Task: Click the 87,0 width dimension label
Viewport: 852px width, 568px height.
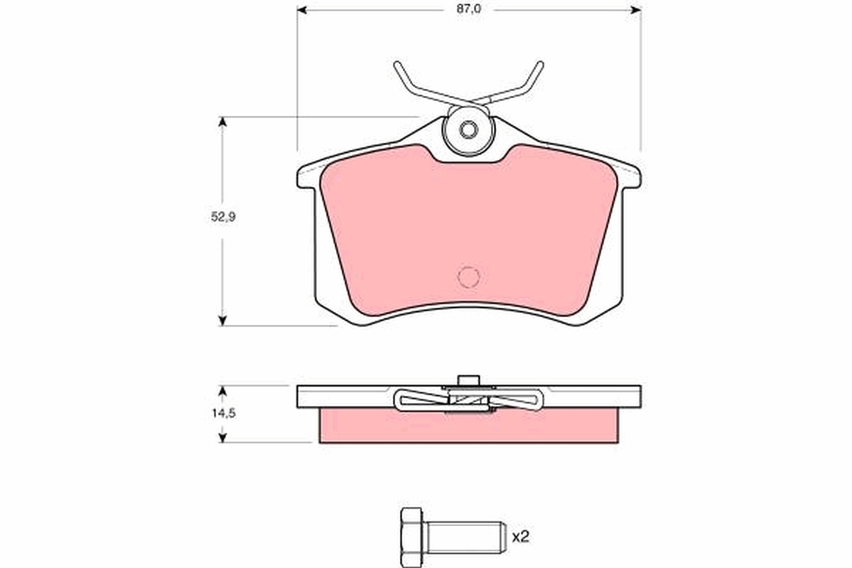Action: pos(469,9)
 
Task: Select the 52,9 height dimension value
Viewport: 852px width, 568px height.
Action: pos(223,217)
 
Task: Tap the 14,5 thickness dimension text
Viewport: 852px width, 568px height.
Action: pos(224,413)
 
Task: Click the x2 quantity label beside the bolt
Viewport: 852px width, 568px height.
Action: pos(520,537)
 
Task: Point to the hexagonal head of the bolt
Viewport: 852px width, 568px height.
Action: pos(412,537)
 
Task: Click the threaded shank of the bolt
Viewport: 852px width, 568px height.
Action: pos(466,537)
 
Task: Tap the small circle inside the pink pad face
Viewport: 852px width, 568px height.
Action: pos(469,277)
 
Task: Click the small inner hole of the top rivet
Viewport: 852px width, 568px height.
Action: pos(469,130)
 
